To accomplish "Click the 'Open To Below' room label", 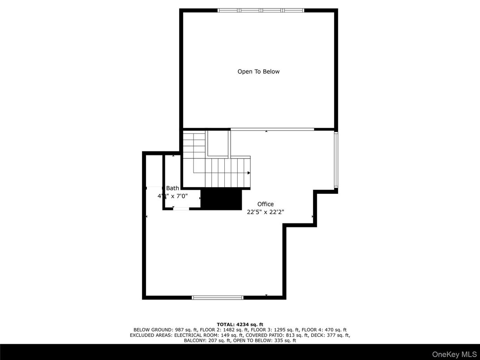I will pyautogui.click(x=258, y=72).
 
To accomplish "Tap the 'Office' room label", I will pyautogui.click(x=266, y=204).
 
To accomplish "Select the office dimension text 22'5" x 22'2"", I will pyautogui.click(x=266, y=212).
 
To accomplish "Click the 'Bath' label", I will pyautogui.click(x=172, y=189).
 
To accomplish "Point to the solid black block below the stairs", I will pyautogui.click(x=221, y=199).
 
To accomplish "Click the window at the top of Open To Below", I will pyautogui.click(x=261, y=10).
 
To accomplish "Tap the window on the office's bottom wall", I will pyautogui.click(x=218, y=297).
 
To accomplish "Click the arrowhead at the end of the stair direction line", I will pyautogui.click(x=249, y=172).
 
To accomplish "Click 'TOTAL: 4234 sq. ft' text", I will pyautogui.click(x=240, y=324).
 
